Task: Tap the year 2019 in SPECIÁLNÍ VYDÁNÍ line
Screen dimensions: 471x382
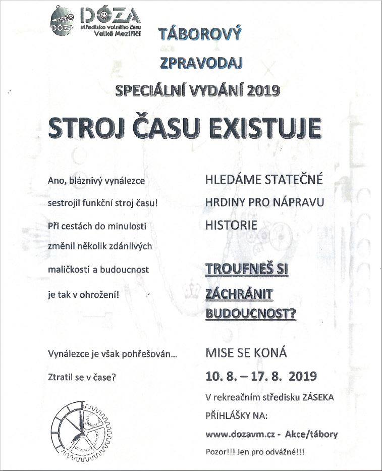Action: pos(262,91)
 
